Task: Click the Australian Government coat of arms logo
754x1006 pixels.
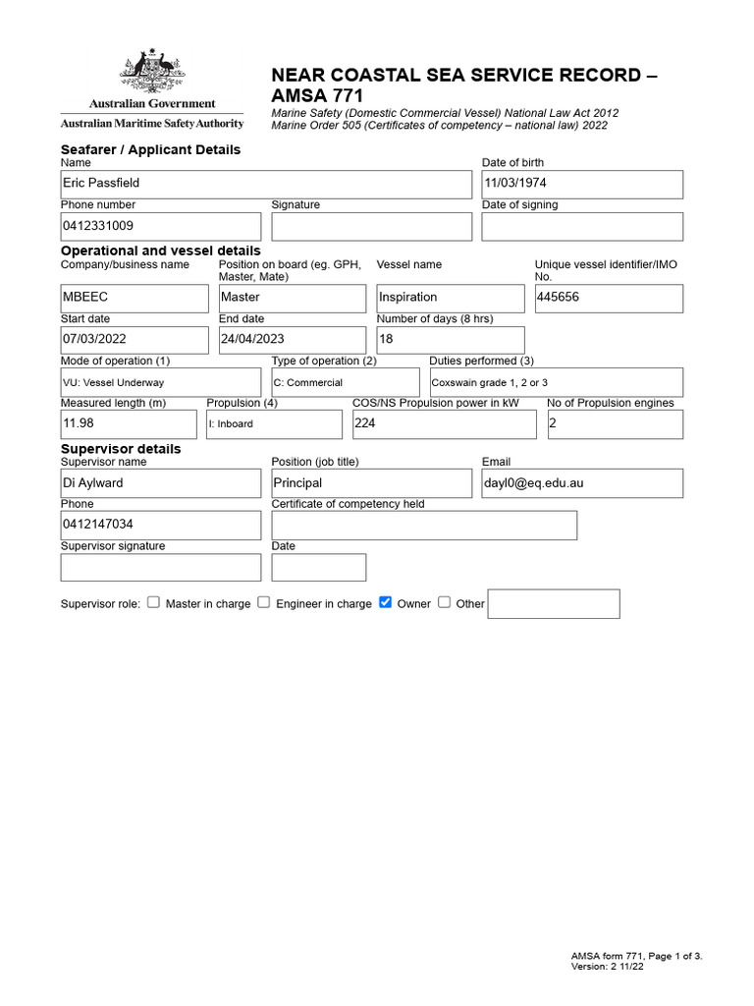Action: coord(152,73)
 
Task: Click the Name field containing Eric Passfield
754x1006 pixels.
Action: coord(265,185)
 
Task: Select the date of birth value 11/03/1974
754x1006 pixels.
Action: coord(581,185)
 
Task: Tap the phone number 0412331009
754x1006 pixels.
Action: coord(161,227)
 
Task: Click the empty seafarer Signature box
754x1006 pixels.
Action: coord(371,227)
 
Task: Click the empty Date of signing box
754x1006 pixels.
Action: coord(581,227)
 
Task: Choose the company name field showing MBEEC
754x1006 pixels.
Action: coord(135,298)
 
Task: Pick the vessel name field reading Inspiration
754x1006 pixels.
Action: coord(451,298)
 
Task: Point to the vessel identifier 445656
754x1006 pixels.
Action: coord(608,298)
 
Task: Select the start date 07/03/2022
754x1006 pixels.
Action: coord(135,340)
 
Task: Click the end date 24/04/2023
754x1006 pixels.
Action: coord(292,340)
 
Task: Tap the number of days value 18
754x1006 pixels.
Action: coord(451,340)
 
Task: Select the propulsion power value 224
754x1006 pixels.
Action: coord(444,424)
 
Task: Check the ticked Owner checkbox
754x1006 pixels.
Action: coord(385,602)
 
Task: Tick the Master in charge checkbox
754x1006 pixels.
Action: coord(153,602)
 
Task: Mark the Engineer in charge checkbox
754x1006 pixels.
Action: coord(263,602)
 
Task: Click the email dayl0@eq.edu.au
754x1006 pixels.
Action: coord(581,483)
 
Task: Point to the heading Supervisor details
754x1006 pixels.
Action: coord(121,449)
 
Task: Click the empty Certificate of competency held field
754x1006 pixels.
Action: coord(424,526)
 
